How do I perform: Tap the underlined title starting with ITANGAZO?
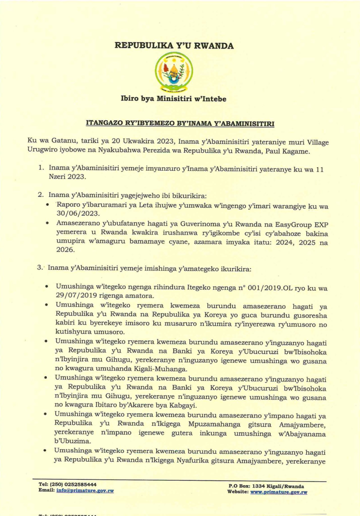(x=180, y=125)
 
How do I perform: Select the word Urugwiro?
(x=41, y=153)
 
